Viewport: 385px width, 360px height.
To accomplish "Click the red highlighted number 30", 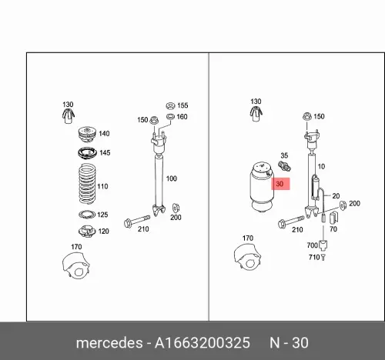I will tap(280, 185).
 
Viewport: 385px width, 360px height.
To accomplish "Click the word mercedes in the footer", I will tap(108, 342).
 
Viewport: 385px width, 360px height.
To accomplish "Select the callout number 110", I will tap(104, 187).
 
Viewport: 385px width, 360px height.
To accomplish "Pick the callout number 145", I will tap(105, 153).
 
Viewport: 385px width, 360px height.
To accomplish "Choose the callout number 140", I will tap(105, 133).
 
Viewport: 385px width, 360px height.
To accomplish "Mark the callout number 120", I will tap(103, 231).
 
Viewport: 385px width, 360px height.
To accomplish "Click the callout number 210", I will tap(142, 228).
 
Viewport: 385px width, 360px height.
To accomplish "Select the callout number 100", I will tap(172, 178).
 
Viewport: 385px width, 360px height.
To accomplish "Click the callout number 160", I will tap(182, 117).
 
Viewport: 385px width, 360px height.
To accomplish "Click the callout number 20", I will tap(336, 196).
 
